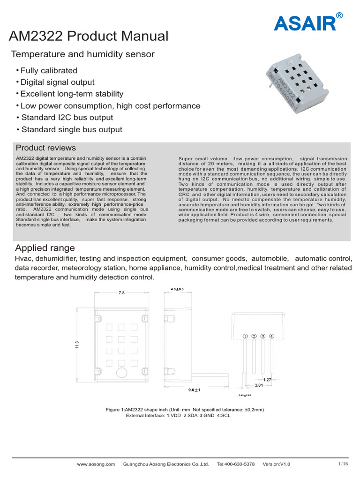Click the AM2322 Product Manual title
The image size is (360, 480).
[89, 36]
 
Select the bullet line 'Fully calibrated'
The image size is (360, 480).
[49, 71]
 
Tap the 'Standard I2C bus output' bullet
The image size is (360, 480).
[67, 118]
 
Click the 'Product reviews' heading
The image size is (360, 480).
[45, 148]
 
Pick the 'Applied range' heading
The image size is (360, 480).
[45, 248]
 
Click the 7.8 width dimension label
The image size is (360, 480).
[122, 292]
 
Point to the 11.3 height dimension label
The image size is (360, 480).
[77, 345]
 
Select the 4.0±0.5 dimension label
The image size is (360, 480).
[177, 289]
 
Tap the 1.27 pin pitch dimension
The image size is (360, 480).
[267, 379]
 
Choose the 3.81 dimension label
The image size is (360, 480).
[259, 385]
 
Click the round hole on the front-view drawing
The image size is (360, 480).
[121, 373]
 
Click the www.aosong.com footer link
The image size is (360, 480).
[96, 464]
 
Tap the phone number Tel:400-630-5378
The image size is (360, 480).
[236, 464]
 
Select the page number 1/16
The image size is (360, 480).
[343, 464]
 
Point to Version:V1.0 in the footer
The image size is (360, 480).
[277, 464]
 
